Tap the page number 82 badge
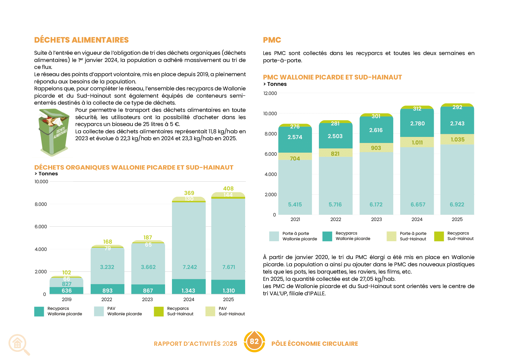click(254, 342)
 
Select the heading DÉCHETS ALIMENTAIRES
click(81, 40)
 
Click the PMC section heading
click(272, 40)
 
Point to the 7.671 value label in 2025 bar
click(229, 267)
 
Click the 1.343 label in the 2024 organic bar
click(188, 291)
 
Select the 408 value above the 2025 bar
click(229, 188)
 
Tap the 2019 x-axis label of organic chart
click(66, 300)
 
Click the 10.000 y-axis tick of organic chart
click(41, 182)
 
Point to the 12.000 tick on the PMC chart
click(270, 93)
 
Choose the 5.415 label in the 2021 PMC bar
click(295, 205)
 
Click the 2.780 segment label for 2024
click(417, 123)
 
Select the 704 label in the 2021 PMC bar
click(295, 158)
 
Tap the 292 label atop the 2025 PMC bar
click(457, 107)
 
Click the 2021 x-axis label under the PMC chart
click(295, 219)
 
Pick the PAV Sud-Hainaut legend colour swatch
click(210, 311)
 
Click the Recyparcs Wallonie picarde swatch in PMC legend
click(327, 236)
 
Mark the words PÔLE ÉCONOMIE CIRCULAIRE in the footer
click(315, 344)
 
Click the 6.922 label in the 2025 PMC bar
click(457, 205)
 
